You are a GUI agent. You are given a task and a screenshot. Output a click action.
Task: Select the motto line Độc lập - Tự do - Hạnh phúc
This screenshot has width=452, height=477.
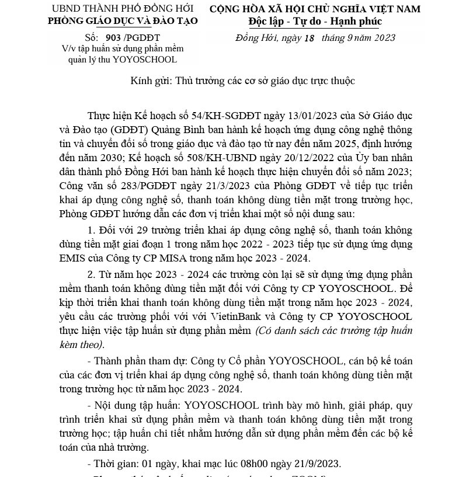pos(315,22)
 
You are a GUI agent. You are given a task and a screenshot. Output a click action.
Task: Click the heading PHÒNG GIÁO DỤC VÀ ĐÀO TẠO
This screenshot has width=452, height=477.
pos(123,21)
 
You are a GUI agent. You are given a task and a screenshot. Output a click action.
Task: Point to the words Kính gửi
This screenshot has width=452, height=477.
pos(149,81)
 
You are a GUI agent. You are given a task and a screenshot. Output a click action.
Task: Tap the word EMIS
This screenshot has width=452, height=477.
pos(72,258)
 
